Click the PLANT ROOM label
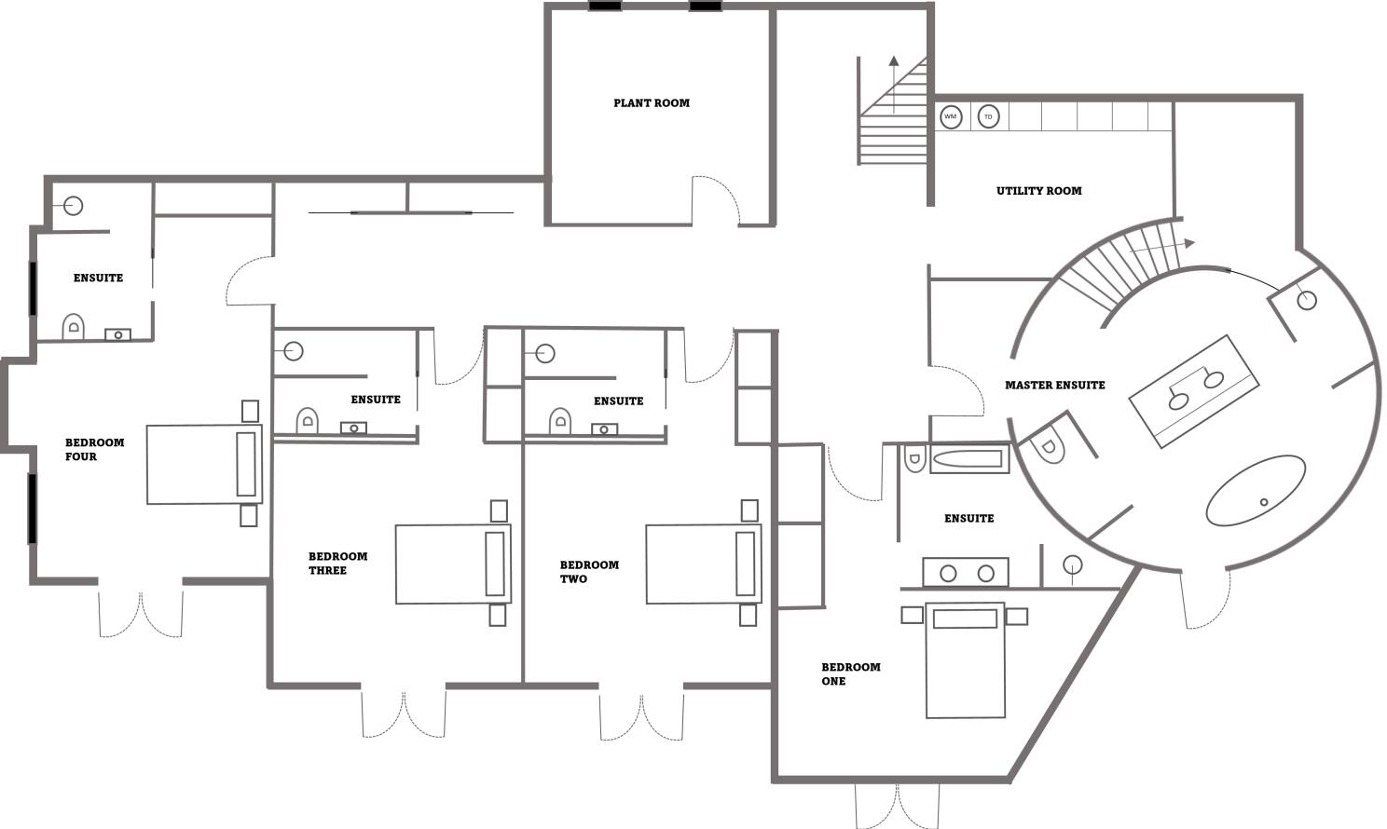pos(652,103)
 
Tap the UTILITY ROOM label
pos(1038,191)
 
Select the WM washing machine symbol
pos(950,117)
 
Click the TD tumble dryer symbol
pos(988,117)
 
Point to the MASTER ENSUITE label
pos(1054,385)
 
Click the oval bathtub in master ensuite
pos(1256,490)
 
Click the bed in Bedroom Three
pos(453,564)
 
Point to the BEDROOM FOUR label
pos(94,449)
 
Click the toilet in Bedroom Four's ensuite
pos(74,327)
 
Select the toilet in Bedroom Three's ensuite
pos(308,422)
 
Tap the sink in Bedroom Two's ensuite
pos(604,429)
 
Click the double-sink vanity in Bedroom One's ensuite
pos(966,573)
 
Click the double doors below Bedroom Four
pos(141,613)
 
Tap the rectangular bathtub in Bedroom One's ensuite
pos(968,459)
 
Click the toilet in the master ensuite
pos(1048,445)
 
